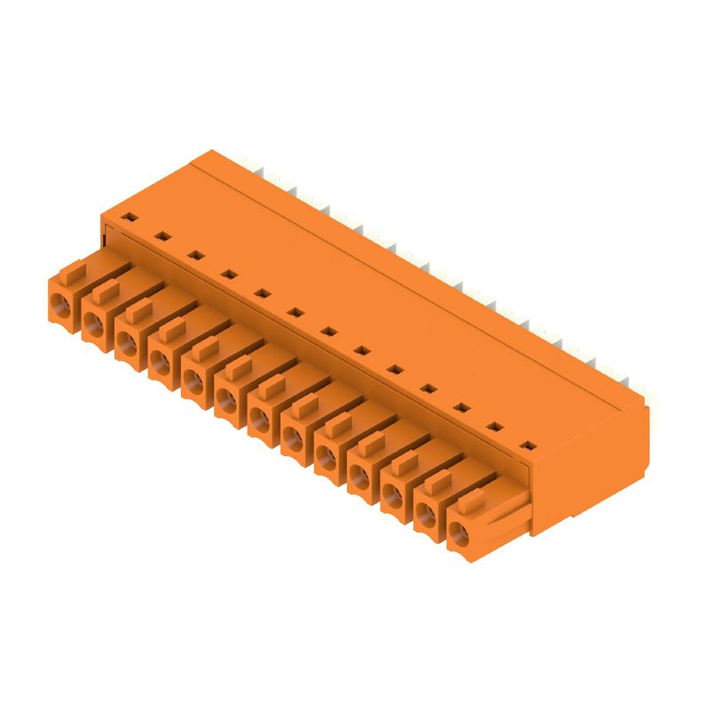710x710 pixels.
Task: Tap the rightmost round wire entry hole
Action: [460, 534]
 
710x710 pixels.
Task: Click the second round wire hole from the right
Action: [427, 516]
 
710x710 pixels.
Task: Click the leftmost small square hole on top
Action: [129, 217]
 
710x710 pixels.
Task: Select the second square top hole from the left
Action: [162, 236]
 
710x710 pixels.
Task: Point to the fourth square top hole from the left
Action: [228, 273]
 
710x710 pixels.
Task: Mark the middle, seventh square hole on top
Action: [328, 331]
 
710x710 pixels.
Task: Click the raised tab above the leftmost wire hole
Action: [73, 267]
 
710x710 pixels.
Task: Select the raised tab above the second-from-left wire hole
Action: [106, 289]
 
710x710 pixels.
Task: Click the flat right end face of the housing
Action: [591, 470]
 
